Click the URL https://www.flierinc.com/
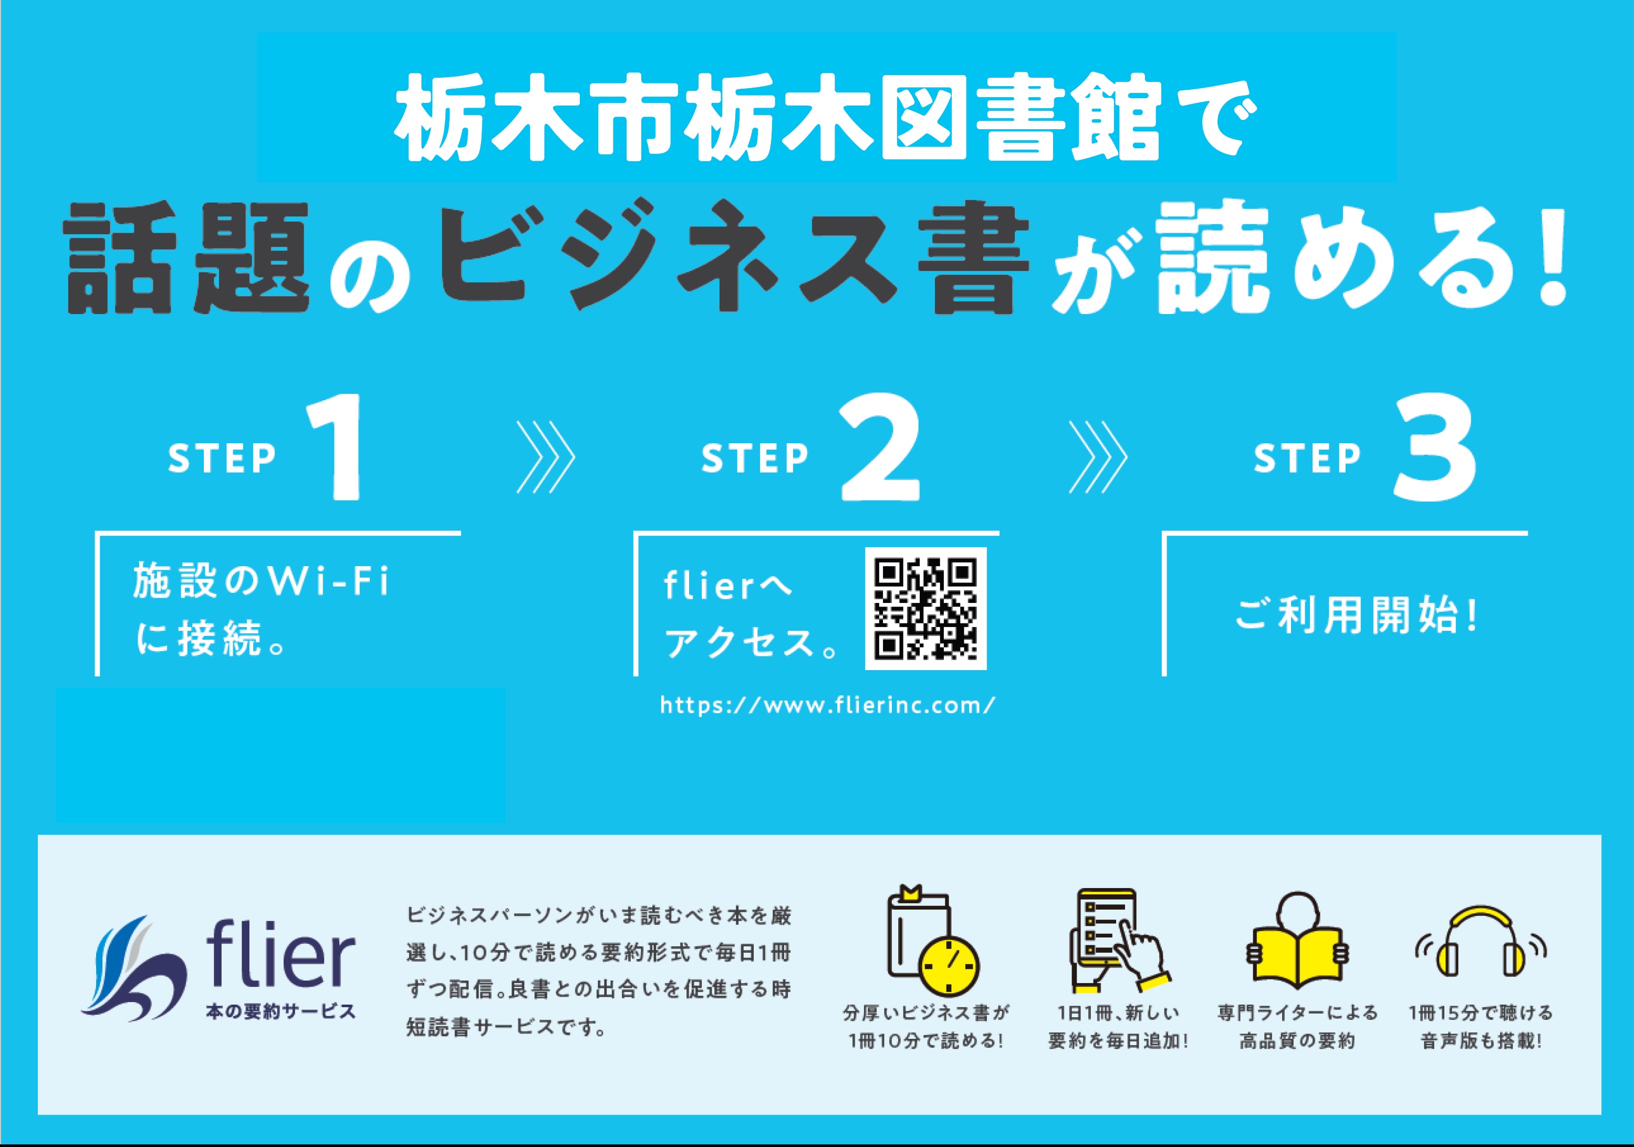[827, 705]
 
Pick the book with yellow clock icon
[932, 939]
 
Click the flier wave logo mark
[134, 969]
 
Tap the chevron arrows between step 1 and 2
[545, 457]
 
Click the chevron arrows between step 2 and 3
[1097, 457]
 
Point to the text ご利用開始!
[1357, 616]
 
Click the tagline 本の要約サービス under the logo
[280, 1011]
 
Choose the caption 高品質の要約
[1297, 1041]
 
